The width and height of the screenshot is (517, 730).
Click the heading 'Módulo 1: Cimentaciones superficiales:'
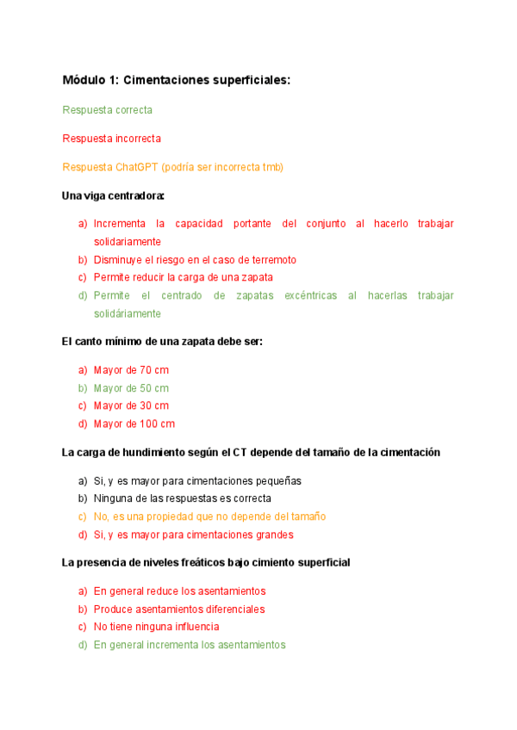click(x=177, y=80)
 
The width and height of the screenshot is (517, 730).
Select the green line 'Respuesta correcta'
click(x=108, y=110)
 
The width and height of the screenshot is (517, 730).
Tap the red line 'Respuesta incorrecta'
click(x=112, y=138)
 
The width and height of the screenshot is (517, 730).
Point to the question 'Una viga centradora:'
click(x=113, y=195)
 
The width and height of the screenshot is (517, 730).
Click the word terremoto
click(x=270, y=259)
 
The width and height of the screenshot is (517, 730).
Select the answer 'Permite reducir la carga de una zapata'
click(x=183, y=277)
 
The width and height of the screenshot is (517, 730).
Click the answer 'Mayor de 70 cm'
click(x=131, y=370)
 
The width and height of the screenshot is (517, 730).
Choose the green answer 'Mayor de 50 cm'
click(x=131, y=388)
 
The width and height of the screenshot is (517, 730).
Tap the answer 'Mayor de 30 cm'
click(x=131, y=405)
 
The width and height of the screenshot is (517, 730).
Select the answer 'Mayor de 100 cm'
click(x=134, y=424)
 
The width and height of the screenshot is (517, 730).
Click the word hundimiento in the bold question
click(x=170, y=452)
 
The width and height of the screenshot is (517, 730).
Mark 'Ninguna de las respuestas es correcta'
click(x=183, y=498)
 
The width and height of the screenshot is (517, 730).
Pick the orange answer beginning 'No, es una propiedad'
click(x=209, y=517)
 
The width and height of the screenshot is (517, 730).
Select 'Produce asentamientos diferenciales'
click(x=179, y=609)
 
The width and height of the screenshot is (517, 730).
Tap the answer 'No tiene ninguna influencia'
click(x=156, y=627)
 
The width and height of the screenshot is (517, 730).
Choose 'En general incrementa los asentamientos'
click(x=190, y=645)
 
